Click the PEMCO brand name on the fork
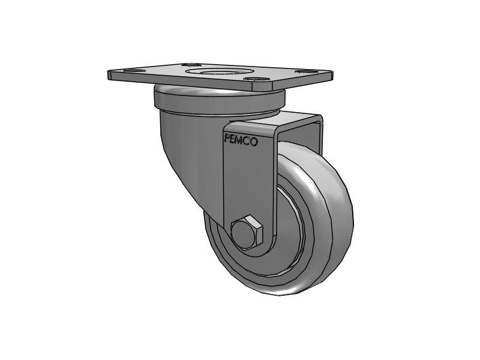click(x=241, y=141)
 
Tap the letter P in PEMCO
click(x=227, y=140)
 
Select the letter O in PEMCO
click(x=254, y=142)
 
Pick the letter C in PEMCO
click(x=248, y=142)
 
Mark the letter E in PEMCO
click(x=234, y=140)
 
